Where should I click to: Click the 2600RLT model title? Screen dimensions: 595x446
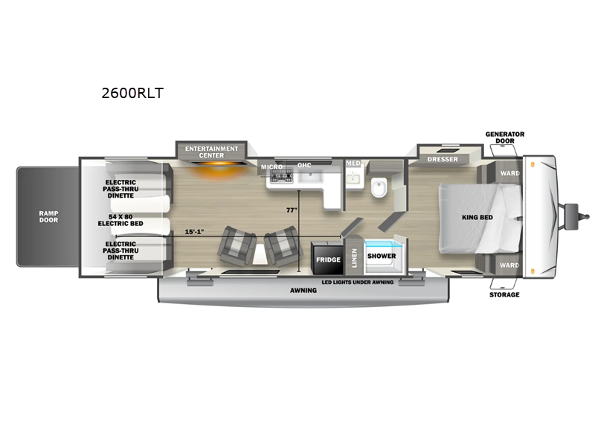pyautogui.click(x=132, y=93)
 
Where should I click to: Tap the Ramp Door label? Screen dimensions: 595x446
pyautogui.click(x=48, y=216)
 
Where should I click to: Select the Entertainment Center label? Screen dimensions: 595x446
pyautogui.click(x=211, y=152)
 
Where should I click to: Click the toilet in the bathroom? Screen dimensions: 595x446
pyautogui.click(x=379, y=188)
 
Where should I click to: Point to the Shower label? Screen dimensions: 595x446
pyautogui.click(x=382, y=256)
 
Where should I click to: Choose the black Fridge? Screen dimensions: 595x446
pyautogui.click(x=328, y=258)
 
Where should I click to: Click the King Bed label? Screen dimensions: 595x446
pyautogui.click(x=477, y=217)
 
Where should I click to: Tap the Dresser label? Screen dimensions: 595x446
pyautogui.click(x=443, y=159)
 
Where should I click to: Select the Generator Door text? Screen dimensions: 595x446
pyautogui.click(x=505, y=138)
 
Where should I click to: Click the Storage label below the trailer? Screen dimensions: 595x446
pyautogui.click(x=504, y=294)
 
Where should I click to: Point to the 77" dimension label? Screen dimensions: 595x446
pyautogui.click(x=292, y=210)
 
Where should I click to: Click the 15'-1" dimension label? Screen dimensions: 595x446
pyautogui.click(x=194, y=231)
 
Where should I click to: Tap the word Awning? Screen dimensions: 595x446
pyautogui.click(x=303, y=291)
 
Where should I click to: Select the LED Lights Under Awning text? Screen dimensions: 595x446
pyautogui.click(x=358, y=282)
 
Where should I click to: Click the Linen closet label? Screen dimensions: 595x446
pyautogui.click(x=355, y=258)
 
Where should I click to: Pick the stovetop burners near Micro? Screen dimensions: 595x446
pyautogui.click(x=281, y=176)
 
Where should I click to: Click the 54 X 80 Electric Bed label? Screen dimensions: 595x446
pyautogui.click(x=120, y=220)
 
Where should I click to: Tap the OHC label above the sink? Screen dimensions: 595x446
pyautogui.click(x=304, y=165)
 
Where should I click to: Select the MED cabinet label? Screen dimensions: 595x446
pyautogui.click(x=353, y=163)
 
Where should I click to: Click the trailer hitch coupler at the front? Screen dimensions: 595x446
pyautogui.click(x=576, y=216)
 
